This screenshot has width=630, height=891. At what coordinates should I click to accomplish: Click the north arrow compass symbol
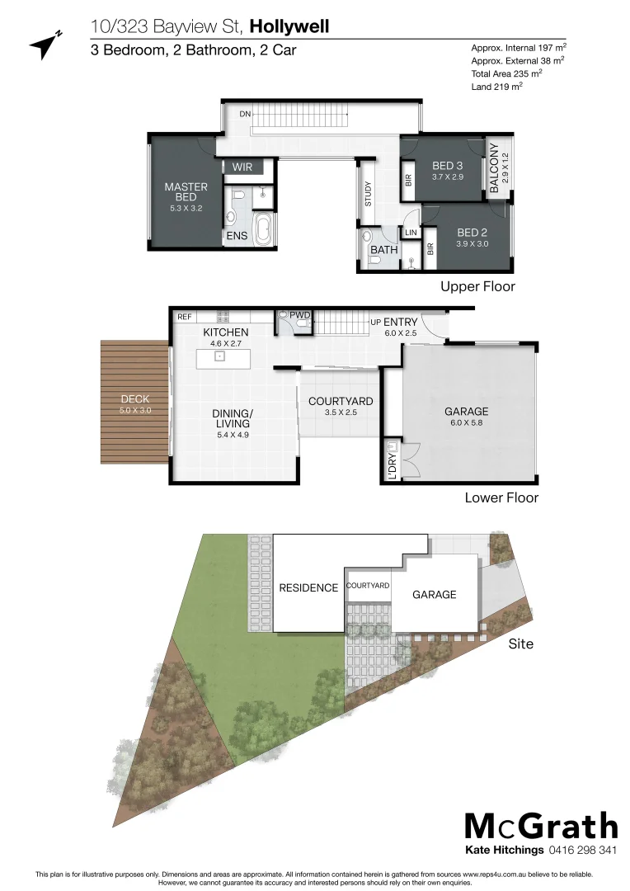pyautogui.click(x=46, y=45)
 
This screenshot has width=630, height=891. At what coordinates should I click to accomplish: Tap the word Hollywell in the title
pyautogui.click(x=289, y=27)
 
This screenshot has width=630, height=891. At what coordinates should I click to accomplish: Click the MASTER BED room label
pyautogui.click(x=186, y=192)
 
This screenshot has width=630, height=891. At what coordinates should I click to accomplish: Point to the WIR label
pyautogui.click(x=242, y=167)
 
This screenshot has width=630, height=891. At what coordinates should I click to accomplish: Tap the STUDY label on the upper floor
pyautogui.click(x=368, y=194)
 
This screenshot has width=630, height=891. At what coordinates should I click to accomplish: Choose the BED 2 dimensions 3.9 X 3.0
pyautogui.click(x=472, y=244)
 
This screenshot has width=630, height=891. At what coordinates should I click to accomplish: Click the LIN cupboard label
pyautogui.click(x=410, y=233)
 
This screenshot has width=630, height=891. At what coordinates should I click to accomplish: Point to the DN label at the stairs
pyautogui.click(x=245, y=114)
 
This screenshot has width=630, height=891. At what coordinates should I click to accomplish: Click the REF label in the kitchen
pyautogui.click(x=185, y=316)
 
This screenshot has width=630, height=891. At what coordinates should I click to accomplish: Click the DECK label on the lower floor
pyautogui.click(x=135, y=399)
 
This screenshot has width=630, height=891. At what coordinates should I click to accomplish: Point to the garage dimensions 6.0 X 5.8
pyautogui.click(x=466, y=424)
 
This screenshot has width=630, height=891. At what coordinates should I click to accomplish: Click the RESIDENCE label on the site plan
pyautogui.click(x=308, y=588)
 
